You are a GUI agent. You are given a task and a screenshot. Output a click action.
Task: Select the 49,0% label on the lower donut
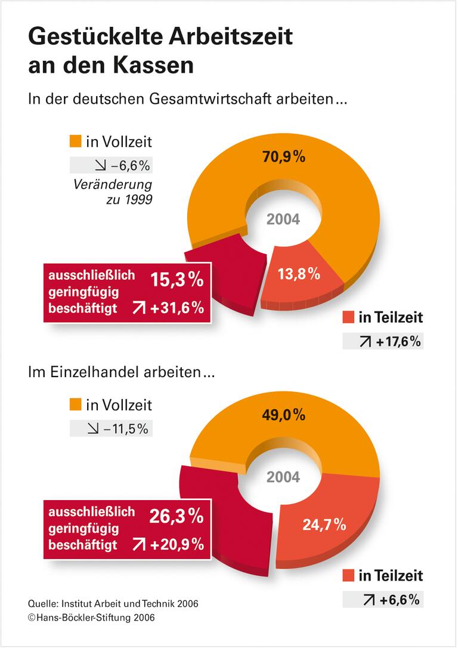[x=284, y=415]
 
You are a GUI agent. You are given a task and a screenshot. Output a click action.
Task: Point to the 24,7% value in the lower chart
[x=325, y=524]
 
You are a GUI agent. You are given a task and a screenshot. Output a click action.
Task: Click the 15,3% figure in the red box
[x=177, y=280]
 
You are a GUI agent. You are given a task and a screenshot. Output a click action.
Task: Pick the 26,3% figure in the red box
[x=177, y=516]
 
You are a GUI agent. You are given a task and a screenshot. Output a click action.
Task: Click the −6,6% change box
[x=111, y=165]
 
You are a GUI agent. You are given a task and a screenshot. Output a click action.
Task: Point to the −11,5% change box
[x=111, y=428]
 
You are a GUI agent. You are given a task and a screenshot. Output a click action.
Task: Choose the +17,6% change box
[x=383, y=341]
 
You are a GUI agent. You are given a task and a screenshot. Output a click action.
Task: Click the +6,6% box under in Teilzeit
[x=383, y=599]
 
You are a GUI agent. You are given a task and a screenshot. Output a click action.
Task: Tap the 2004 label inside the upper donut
[x=283, y=219]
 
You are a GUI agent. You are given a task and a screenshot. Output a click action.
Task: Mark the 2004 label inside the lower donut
[x=283, y=477]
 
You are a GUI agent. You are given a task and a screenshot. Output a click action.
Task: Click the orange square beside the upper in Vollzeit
[x=75, y=141]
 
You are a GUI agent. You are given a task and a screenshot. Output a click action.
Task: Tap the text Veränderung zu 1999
[x=113, y=192]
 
